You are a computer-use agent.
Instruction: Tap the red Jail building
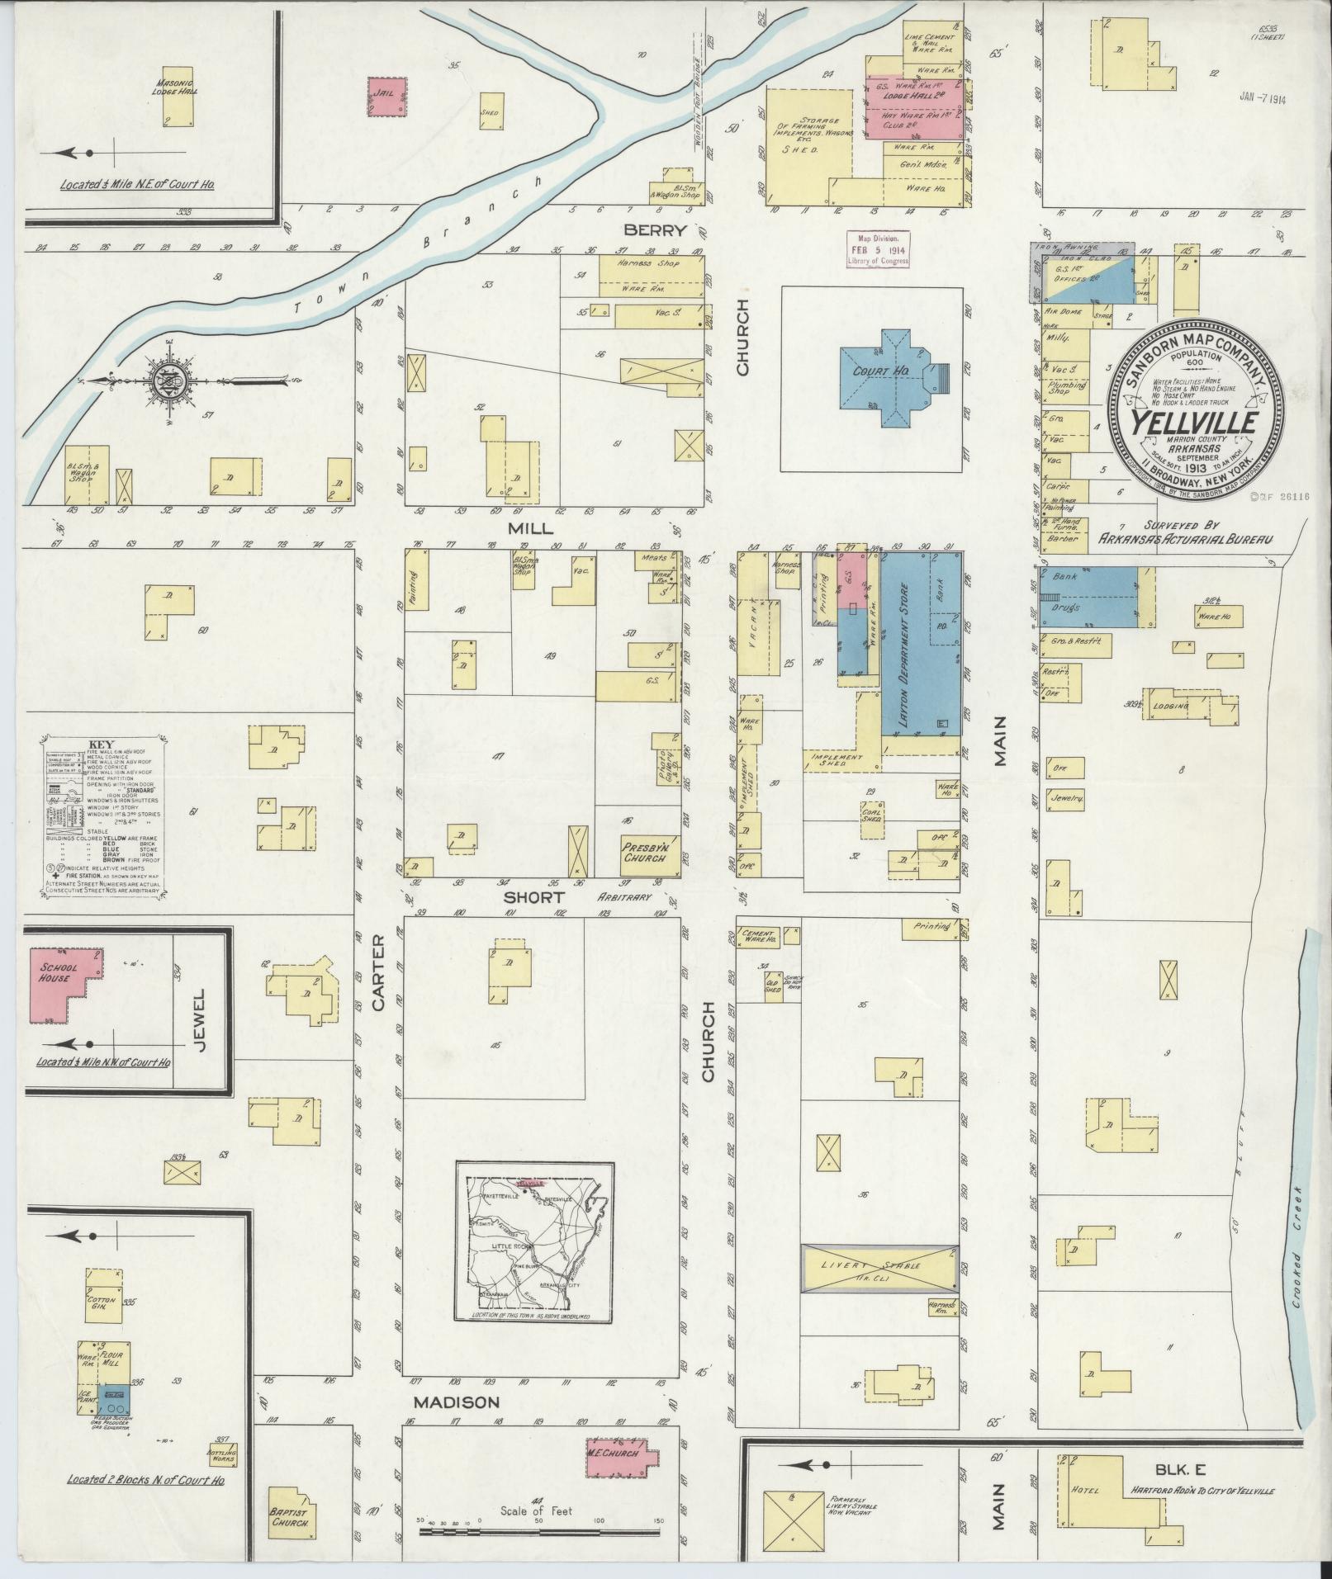[x=386, y=97]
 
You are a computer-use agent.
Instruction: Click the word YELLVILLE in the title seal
[x=1193, y=422]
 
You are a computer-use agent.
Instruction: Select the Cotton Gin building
[x=102, y=1317]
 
